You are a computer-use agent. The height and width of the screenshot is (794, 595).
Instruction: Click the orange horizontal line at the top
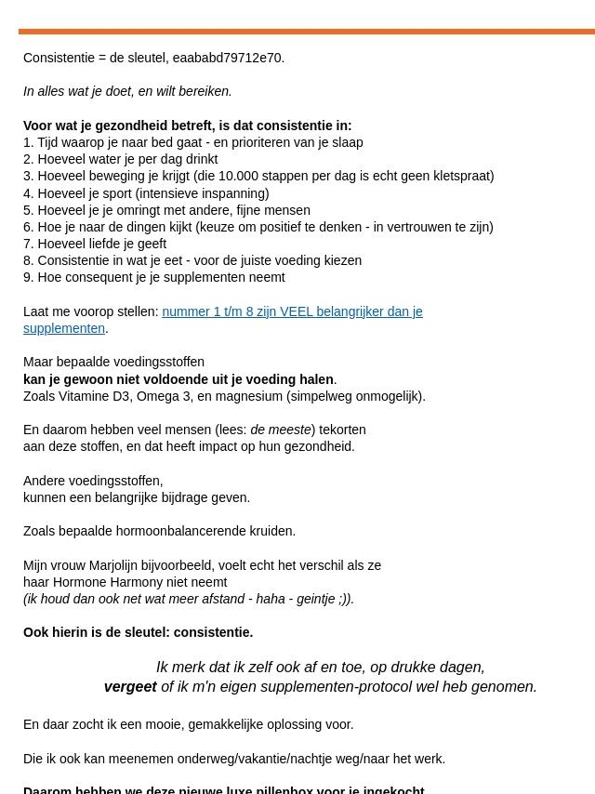tap(307, 32)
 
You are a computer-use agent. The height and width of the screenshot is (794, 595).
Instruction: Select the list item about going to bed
tap(193, 142)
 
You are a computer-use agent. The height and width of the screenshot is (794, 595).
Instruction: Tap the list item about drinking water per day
tap(121, 159)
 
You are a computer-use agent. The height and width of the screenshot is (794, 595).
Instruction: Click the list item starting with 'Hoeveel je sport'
tap(146, 193)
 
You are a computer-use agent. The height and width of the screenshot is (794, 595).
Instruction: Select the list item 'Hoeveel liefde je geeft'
tap(95, 244)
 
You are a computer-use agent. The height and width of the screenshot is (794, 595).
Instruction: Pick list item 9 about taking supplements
tap(154, 277)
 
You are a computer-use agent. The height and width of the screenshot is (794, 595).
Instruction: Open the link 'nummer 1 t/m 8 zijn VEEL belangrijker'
tap(292, 311)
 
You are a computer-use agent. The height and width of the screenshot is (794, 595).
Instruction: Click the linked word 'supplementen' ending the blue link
tap(64, 328)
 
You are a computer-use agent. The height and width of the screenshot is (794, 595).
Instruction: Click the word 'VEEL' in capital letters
tap(297, 311)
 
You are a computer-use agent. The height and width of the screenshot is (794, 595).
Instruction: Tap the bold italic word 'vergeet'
tap(130, 687)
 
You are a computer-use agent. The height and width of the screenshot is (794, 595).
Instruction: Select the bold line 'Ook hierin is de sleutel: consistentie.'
tap(138, 632)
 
